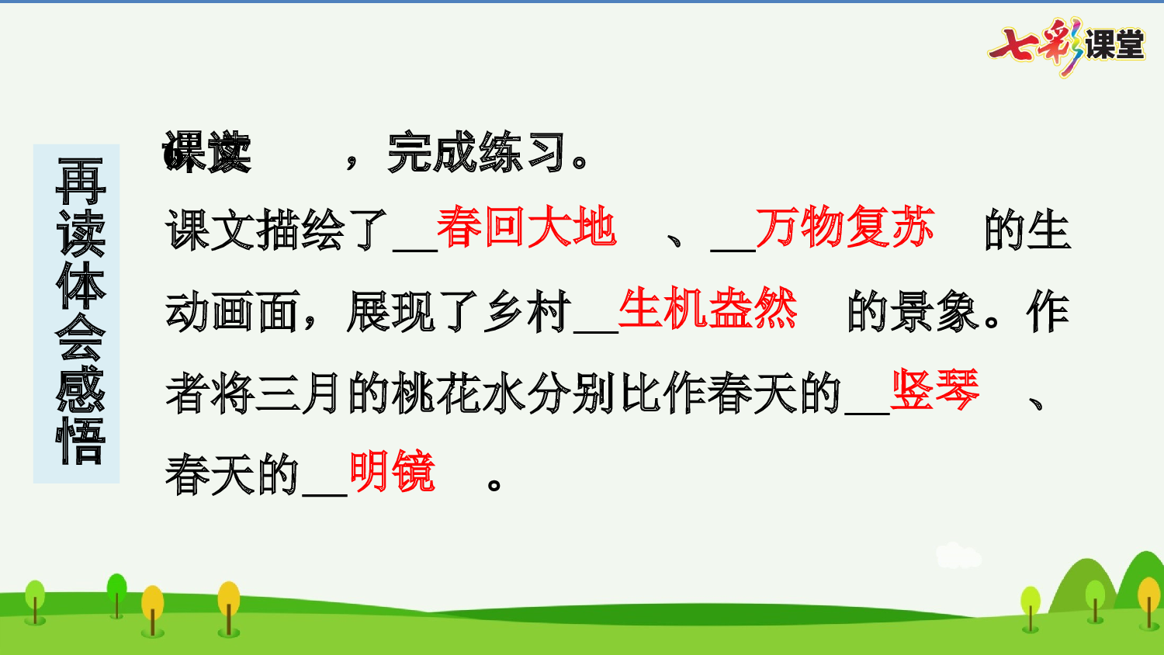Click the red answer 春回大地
pos(526,228)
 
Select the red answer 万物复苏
pos(844,228)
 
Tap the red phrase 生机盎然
pos(707,310)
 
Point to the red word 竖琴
pos(935,390)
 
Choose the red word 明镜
pos(392,472)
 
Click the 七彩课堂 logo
pos(1067,45)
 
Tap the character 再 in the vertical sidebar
pos(80,181)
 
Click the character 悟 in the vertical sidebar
pos(80,441)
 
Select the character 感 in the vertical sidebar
pos(80,389)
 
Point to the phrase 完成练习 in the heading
pos(476,153)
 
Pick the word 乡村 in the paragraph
pos(528,312)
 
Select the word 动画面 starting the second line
pos(232,312)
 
